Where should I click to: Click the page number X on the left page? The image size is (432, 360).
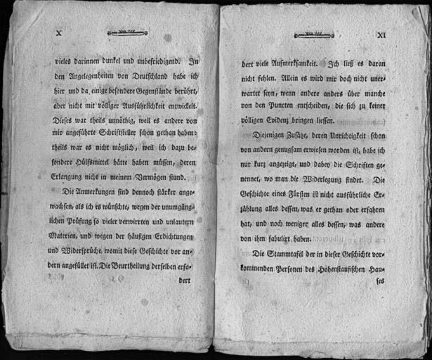pyautogui.click(x=59, y=32)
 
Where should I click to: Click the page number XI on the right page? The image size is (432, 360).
pyautogui.click(x=382, y=34)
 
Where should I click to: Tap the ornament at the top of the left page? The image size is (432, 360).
pyautogui.click(x=128, y=32)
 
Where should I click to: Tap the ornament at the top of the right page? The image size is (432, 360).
pyautogui.click(x=313, y=32)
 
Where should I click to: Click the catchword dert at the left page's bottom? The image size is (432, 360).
pyautogui.click(x=185, y=279)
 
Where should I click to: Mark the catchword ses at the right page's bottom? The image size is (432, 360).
pyautogui.click(x=381, y=283)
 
